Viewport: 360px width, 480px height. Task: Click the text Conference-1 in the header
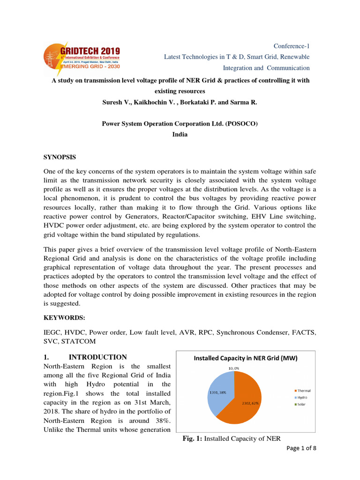(x=291, y=46)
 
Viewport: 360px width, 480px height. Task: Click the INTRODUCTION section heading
(x=97, y=357)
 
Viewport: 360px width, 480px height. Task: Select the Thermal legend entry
(x=302, y=390)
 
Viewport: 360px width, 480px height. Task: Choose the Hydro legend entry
(x=301, y=397)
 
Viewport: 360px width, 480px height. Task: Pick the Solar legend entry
(x=301, y=404)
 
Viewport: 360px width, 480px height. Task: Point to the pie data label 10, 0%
(x=233, y=368)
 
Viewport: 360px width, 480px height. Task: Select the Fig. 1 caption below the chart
(x=231, y=438)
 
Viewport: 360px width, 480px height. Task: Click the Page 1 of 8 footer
(x=300, y=448)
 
